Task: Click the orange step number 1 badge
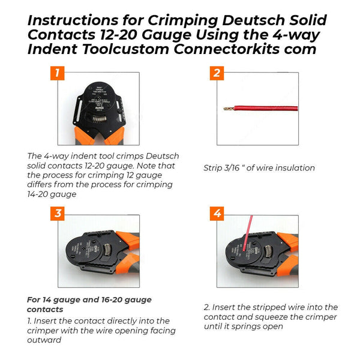(x=57, y=73)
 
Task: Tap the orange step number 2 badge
(x=217, y=73)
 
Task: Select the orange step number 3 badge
(x=57, y=214)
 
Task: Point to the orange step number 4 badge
(x=217, y=214)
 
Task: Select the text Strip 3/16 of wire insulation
(x=259, y=167)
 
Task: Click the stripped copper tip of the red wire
(x=229, y=109)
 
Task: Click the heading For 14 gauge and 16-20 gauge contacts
(x=89, y=304)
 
